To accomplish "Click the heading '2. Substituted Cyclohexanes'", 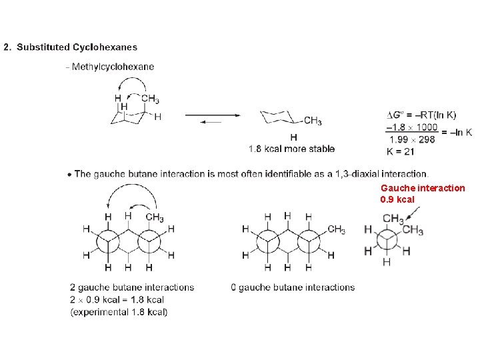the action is point(70,47).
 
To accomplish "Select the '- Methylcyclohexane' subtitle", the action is point(110,67).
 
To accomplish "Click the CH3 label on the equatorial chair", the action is point(313,121).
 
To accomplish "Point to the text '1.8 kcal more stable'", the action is point(291,149).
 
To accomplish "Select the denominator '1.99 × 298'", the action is point(411,139).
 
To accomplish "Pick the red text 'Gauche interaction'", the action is point(423,188).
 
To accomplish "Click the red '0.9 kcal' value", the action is point(397,199).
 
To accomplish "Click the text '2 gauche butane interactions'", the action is point(131,287).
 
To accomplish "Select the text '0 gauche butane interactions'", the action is point(293,287).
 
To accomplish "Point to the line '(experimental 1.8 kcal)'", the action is point(119,312).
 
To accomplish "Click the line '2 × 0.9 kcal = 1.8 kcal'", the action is point(117,300).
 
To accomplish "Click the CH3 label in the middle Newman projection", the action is point(336,230).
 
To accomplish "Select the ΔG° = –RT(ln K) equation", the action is point(421,115).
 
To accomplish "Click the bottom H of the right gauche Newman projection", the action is point(387,263).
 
